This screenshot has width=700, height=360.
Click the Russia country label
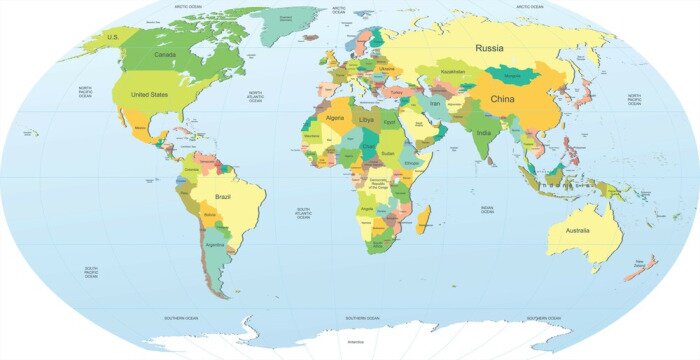pyautogui.click(x=489, y=48)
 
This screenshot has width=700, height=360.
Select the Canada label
pyautogui.click(x=165, y=55)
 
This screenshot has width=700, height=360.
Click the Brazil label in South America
pyautogui.click(x=222, y=198)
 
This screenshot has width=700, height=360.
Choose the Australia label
pyautogui.click(x=579, y=232)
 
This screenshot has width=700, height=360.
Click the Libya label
pyautogui.click(x=367, y=119)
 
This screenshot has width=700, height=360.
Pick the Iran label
pyautogui.click(x=434, y=103)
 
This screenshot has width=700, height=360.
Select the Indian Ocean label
pyautogui.click(x=486, y=210)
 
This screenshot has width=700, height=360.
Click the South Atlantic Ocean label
pyautogui.click(x=303, y=215)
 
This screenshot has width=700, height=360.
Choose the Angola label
pyautogui.click(x=367, y=208)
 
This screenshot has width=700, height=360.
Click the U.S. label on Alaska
pyautogui.click(x=113, y=36)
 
